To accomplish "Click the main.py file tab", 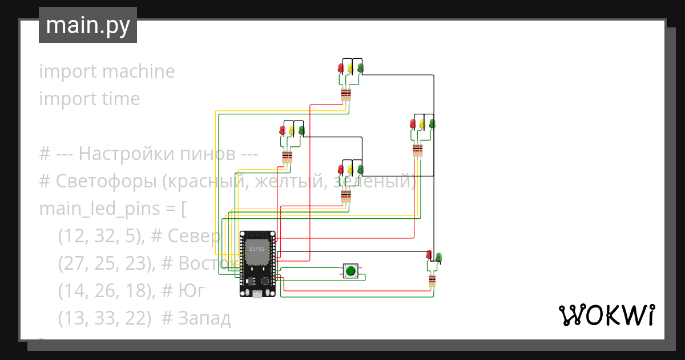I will click(87, 25).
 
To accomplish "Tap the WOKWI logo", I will click(606, 315).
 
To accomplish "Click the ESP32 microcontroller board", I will click(257, 263).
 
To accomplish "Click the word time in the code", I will click(121, 99).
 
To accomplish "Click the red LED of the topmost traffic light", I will click(341, 69).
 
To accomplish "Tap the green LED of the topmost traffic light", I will click(360, 69).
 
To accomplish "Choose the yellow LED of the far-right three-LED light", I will click(422, 123).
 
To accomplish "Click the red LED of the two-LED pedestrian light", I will click(429, 255).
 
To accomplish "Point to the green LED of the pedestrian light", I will click(438, 257).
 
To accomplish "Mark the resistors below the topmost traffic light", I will click(346, 95).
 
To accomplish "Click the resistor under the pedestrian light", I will click(432, 281).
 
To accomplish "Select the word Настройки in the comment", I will click(115, 154).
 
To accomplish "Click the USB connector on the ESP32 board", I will click(257, 294).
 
